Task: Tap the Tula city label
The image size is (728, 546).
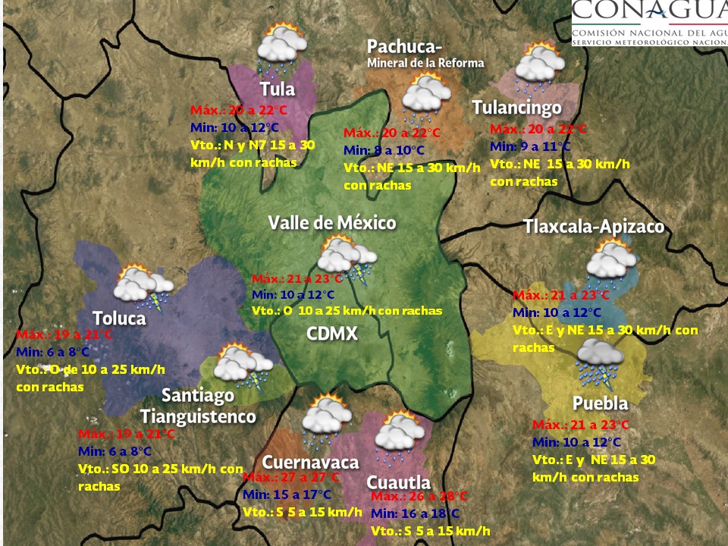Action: pyautogui.click(x=277, y=88)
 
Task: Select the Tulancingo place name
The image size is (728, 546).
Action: pyautogui.click(x=516, y=108)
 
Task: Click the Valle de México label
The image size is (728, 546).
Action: pyautogui.click(x=332, y=222)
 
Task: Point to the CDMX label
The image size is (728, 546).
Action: pyautogui.click(x=332, y=334)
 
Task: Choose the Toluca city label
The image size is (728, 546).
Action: pyautogui.click(x=119, y=318)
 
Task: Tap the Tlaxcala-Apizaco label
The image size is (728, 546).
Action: pyautogui.click(x=594, y=227)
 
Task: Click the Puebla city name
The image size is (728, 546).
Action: pyautogui.click(x=600, y=403)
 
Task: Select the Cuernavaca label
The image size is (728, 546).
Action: pyautogui.click(x=310, y=462)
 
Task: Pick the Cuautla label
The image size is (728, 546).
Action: pyautogui.click(x=398, y=482)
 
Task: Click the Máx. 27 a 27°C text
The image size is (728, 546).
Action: pyautogui.click(x=291, y=478)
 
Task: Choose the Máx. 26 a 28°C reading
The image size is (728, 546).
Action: pyautogui.click(x=419, y=497)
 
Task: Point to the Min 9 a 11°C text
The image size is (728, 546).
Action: pyautogui.click(x=530, y=146)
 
